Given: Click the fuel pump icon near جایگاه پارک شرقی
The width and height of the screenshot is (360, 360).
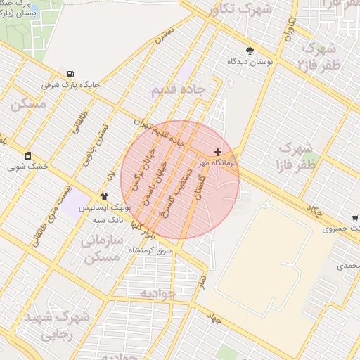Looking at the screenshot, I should point(70,75).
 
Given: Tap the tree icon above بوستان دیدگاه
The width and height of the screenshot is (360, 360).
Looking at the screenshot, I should point(250,51).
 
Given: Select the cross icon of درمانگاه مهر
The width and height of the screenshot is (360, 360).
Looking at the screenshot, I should point(217,152).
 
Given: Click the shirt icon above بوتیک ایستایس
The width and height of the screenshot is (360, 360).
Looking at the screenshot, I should point(105,197).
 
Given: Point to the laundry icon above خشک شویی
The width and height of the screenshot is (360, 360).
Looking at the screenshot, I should point(27,155).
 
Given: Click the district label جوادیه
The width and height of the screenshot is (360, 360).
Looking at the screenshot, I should point(157,292).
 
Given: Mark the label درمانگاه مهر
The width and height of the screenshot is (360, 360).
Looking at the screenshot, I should point(218,162).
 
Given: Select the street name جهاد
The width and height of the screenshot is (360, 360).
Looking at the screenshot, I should point(214,319).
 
